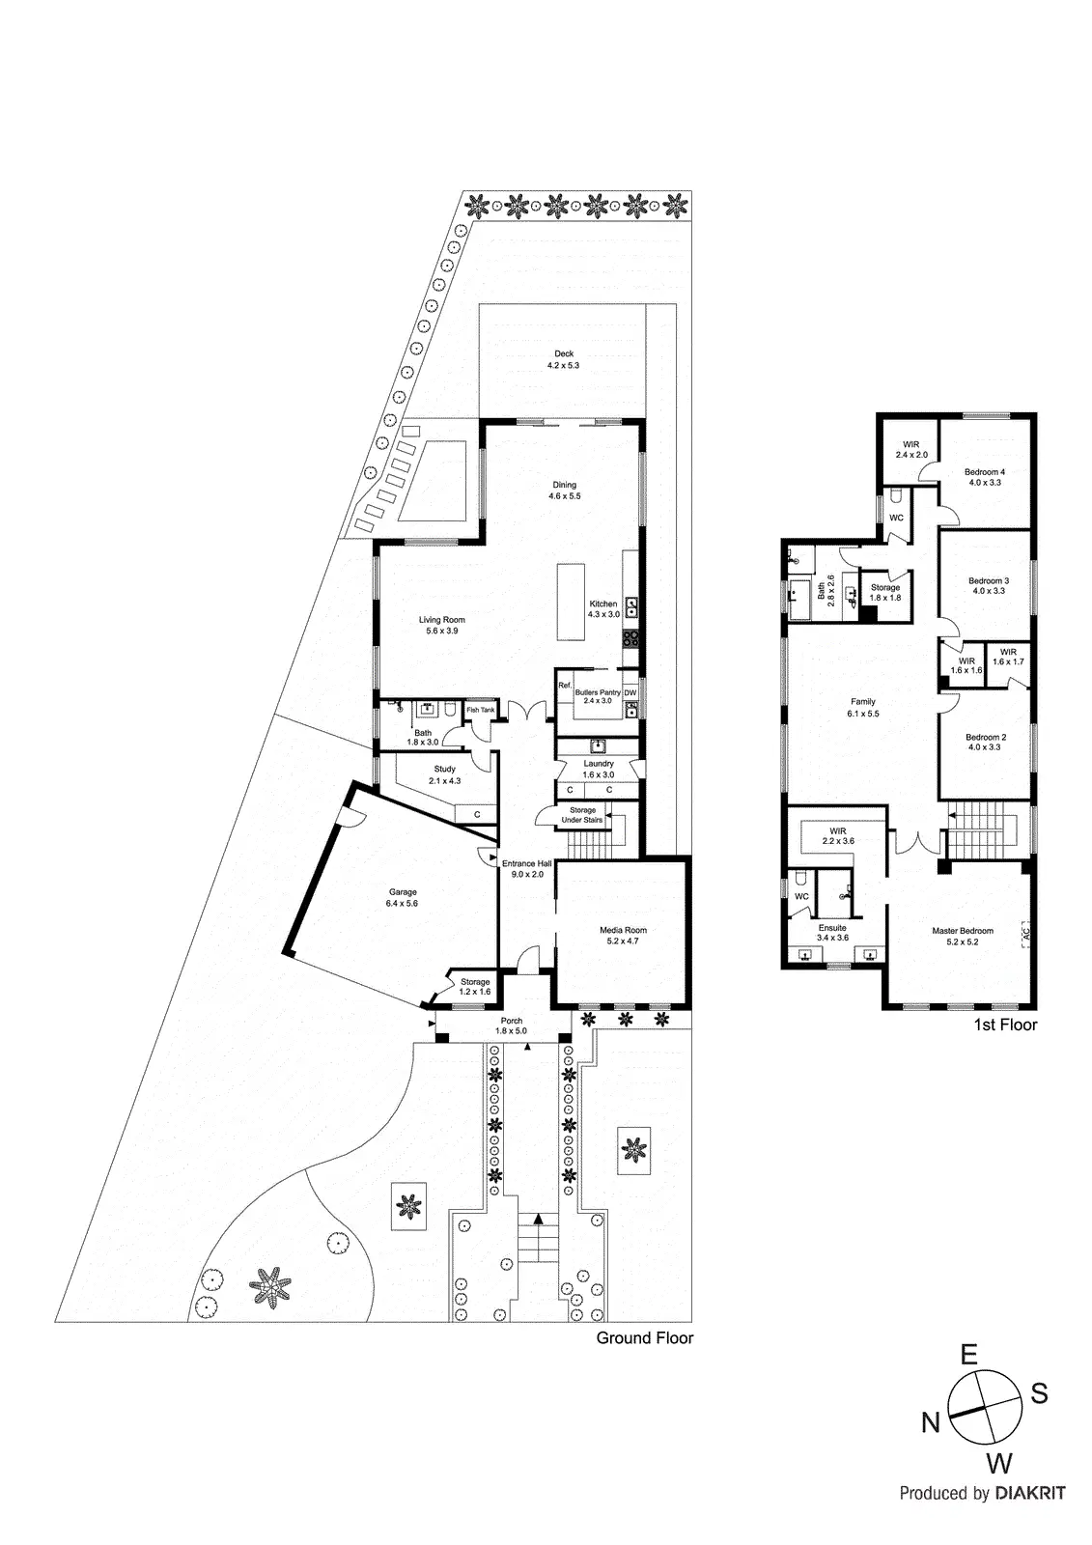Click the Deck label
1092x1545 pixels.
coord(563,353)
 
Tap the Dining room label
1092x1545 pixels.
coord(564,485)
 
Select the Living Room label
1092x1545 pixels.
coord(441,620)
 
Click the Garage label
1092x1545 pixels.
coord(403,892)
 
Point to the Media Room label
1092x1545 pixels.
coord(623,930)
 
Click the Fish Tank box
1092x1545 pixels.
coord(480,711)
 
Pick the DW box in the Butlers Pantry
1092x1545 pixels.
coord(630,692)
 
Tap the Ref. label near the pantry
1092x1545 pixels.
coord(565,685)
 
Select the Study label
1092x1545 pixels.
coord(444,770)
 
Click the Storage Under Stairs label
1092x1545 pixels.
coord(582,815)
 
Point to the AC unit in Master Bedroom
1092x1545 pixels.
coord(1026,934)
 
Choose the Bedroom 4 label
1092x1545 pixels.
coord(985,472)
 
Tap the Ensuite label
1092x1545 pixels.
coord(831,927)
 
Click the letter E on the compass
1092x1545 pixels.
coord(968,1355)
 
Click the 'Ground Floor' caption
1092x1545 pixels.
coord(644,1337)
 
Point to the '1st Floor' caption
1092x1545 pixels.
coord(1005,1025)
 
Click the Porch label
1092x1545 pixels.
coord(511,1021)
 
